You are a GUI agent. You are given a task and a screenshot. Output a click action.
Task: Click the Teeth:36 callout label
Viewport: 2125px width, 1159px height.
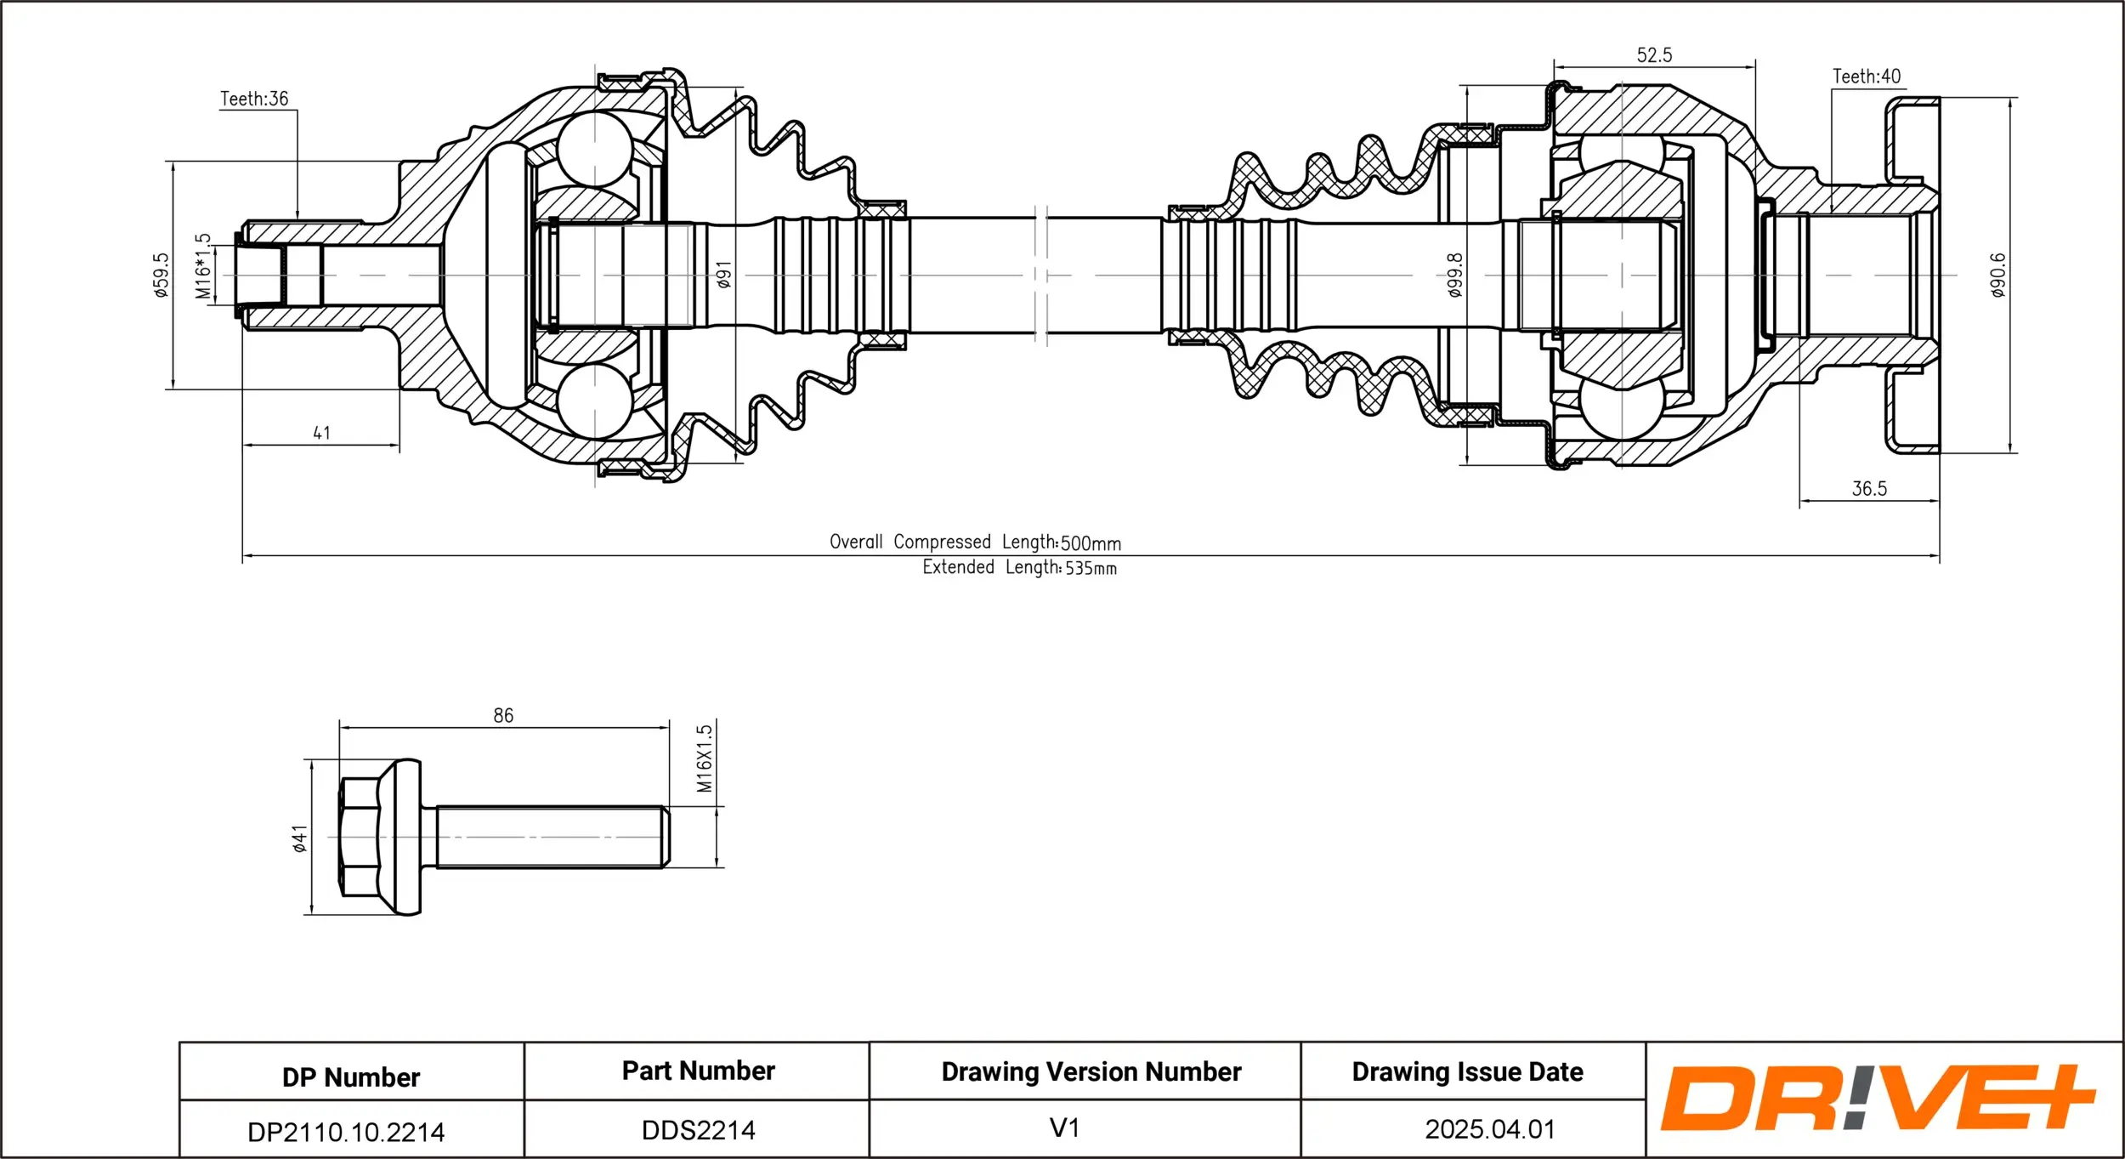(x=254, y=99)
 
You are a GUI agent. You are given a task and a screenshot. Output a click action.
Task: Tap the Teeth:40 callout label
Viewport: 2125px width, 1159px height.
(x=1866, y=77)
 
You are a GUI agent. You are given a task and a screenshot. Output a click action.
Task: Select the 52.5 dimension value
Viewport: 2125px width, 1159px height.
(x=1654, y=55)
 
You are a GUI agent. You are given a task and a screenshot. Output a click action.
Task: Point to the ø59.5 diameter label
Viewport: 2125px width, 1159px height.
(x=161, y=275)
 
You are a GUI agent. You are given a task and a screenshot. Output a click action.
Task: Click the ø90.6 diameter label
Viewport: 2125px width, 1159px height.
(x=1997, y=275)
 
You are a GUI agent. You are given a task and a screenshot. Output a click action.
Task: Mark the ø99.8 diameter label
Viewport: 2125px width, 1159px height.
(x=1454, y=275)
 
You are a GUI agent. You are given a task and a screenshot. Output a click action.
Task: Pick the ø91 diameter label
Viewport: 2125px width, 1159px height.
(x=723, y=275)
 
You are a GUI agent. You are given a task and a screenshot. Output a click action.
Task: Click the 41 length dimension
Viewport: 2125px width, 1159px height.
(x=321, y=433)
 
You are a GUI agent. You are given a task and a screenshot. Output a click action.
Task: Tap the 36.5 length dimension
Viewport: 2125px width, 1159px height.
(x=1869, y=489)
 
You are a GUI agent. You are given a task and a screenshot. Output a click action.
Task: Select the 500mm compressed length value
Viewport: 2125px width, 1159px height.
(x=1091, y=543)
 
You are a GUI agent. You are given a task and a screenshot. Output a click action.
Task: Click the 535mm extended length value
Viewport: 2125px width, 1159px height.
(x=1091, y=568)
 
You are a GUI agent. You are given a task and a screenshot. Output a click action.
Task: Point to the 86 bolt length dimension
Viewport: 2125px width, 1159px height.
(x=503, y=715)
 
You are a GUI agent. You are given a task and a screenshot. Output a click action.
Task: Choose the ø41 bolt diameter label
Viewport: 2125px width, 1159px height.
(x=299, y=838)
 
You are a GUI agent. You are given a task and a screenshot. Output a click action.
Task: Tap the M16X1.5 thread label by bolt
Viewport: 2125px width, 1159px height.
(x=705, y=758)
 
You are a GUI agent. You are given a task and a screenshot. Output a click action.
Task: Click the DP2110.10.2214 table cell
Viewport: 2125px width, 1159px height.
(x=346, y=1132)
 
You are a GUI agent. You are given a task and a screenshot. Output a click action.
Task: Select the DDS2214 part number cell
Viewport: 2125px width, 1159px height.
(x=698, y=1130)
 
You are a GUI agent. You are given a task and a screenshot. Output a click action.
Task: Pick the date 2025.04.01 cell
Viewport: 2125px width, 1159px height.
(x=1489, y=1129)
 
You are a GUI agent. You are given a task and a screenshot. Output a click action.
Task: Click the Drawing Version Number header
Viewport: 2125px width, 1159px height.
(x=1091, y=1071)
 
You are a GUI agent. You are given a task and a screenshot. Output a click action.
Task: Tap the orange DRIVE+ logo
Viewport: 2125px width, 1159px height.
(x=1876, y=1097)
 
